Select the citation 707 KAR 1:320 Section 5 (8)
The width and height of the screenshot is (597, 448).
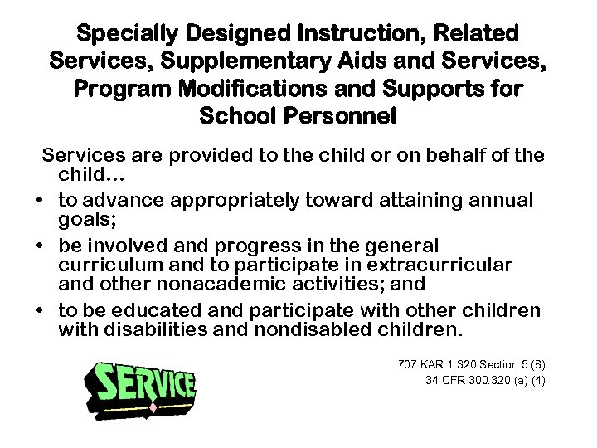pos(472,365)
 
